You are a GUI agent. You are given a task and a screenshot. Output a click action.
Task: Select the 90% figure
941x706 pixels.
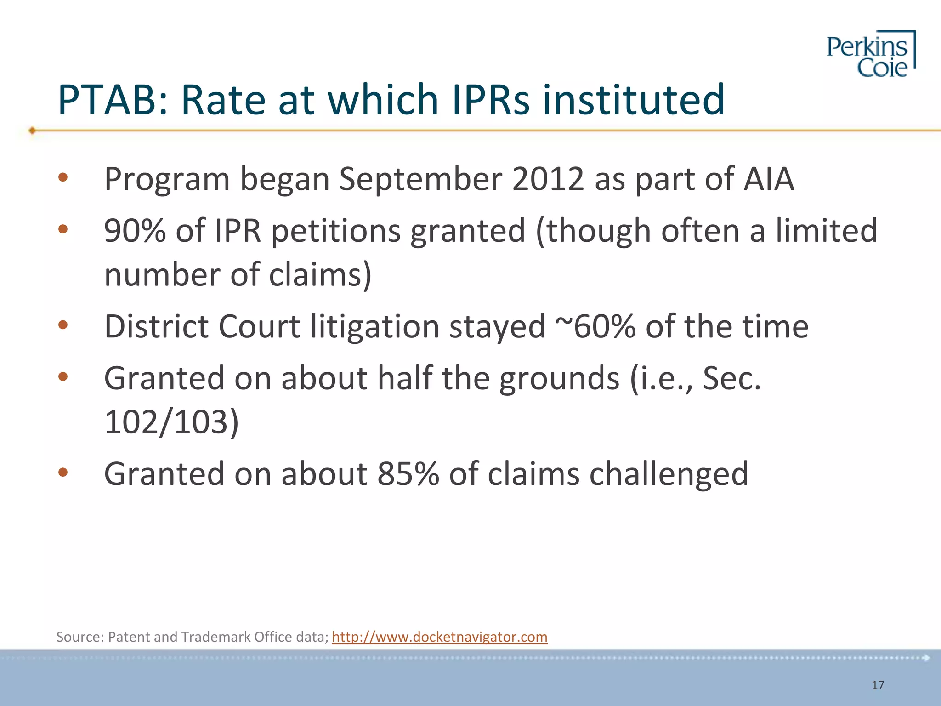tap(135, 230)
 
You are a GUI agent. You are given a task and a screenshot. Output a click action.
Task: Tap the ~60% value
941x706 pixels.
tap(595, 326)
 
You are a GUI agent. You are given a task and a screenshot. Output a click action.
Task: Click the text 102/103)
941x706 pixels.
tap(171, 422)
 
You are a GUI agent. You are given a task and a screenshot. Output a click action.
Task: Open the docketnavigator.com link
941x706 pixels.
tap(439, 637)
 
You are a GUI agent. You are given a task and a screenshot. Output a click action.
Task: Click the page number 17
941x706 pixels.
tap(878, 685)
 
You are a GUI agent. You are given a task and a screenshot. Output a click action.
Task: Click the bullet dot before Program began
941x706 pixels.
tap(63, 177)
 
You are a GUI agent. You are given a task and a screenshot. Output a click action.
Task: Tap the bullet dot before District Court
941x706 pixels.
tap(63, 325)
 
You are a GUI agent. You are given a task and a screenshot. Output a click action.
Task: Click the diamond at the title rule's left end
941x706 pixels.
tap(32, 131)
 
